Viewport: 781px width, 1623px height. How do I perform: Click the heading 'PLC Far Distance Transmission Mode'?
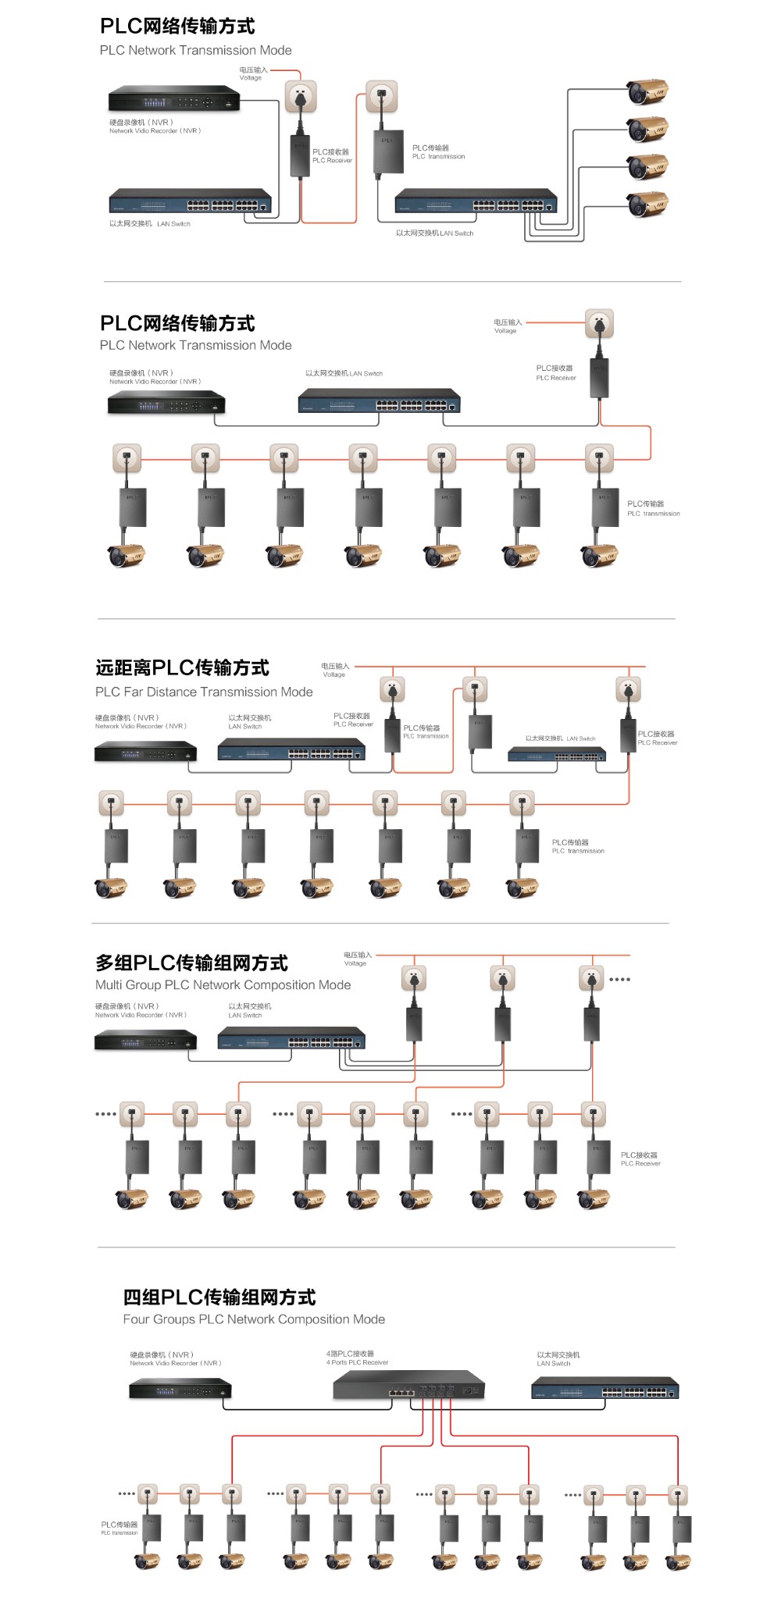pyautogui.click(x=204, y=692)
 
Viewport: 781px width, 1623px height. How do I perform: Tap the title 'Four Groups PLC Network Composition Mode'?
pyautogui.click(x=254, y=1319)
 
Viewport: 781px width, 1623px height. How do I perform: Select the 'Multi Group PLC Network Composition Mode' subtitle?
pyautogui.click(x=223, y=985)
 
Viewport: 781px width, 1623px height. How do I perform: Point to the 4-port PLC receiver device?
pyautogui.click(x=408, y=1386)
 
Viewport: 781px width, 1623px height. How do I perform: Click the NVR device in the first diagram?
pyautogui.click(x=173, y=100)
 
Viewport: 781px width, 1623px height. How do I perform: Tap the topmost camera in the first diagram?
pyautogui.click(x=647, y=91)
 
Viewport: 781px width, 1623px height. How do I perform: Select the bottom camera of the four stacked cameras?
pyautogui.click(x=647, y=205)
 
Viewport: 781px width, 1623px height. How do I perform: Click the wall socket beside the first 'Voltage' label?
pyautogui.click(x=301, y=97)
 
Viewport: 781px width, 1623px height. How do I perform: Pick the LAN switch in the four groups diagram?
pyautogui.click(x=604, y=1388)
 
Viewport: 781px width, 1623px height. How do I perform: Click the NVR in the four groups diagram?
pyautogui.click(x=180, y=1389)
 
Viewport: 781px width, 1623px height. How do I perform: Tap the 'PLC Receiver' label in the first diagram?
pyautogui.click(x=332, y=156)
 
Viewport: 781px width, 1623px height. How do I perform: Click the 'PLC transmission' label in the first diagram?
pyautogui.click(x=438, y=152)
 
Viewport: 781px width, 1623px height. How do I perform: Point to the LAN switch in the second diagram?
pyautogui.click(x=379, y=401)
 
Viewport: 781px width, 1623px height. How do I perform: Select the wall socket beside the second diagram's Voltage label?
pyautogui.click(x=599, y=323)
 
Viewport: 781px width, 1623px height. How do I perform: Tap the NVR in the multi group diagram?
pyautogui.click(x=145, y=1041)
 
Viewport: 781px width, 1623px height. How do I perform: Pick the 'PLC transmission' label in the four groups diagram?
pyautogui.click(x=119, y=1528)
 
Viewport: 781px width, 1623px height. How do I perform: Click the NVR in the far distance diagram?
pyautogui.click(x=145, y=752)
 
